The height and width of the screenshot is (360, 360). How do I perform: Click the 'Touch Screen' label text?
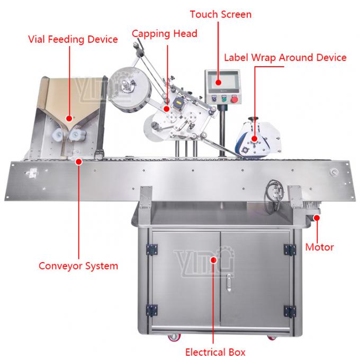coord(221,14)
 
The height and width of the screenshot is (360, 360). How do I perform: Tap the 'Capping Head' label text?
coord(164,33)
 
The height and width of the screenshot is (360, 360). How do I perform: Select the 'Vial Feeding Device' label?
coord(73,40)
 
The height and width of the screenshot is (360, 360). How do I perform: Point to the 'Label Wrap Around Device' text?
coord(285,57)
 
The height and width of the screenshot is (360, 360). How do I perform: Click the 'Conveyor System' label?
coord(78,265)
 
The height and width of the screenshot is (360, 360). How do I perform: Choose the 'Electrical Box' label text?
coord(215,351)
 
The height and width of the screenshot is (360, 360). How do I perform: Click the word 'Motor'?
coord(319,247)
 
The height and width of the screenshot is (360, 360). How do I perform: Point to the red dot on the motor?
coord(317,215)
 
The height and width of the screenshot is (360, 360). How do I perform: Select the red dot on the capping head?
coord(167,107)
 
